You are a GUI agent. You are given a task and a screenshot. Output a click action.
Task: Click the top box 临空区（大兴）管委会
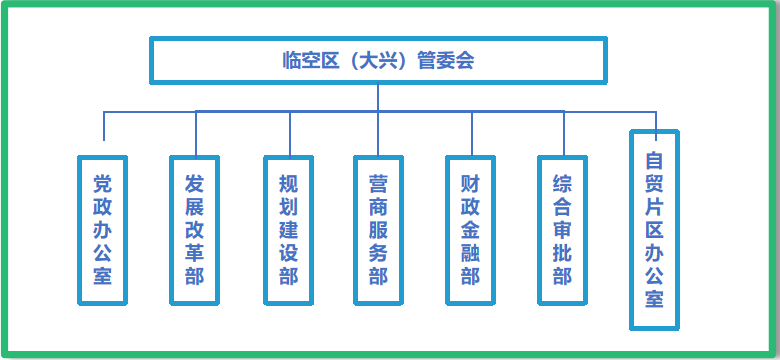[378, 60]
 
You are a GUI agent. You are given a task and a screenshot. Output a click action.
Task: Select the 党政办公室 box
[103, 230]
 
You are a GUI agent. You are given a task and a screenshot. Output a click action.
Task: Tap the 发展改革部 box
[195, 230]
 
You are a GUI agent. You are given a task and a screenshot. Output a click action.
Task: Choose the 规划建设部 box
[288, 230]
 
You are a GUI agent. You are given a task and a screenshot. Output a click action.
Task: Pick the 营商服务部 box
[378, 230]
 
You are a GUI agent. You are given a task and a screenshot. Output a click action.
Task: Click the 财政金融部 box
[470, 230]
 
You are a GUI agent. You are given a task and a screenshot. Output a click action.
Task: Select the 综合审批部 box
[562, 230]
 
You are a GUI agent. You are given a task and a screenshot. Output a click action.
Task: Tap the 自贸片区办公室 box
[654, 230]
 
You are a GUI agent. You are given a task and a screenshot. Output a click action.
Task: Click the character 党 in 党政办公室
[103, 184]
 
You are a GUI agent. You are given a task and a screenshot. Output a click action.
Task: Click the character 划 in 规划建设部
[288, 207]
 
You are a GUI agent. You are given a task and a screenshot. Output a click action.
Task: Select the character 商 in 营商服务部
[378, 207]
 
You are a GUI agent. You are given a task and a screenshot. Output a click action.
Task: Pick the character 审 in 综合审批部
[562, 230]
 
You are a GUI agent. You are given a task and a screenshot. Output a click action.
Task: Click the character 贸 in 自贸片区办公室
[654, 183]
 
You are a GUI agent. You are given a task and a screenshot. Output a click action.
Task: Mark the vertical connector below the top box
[378, 97]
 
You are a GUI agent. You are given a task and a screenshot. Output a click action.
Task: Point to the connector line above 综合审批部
[563, 132]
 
